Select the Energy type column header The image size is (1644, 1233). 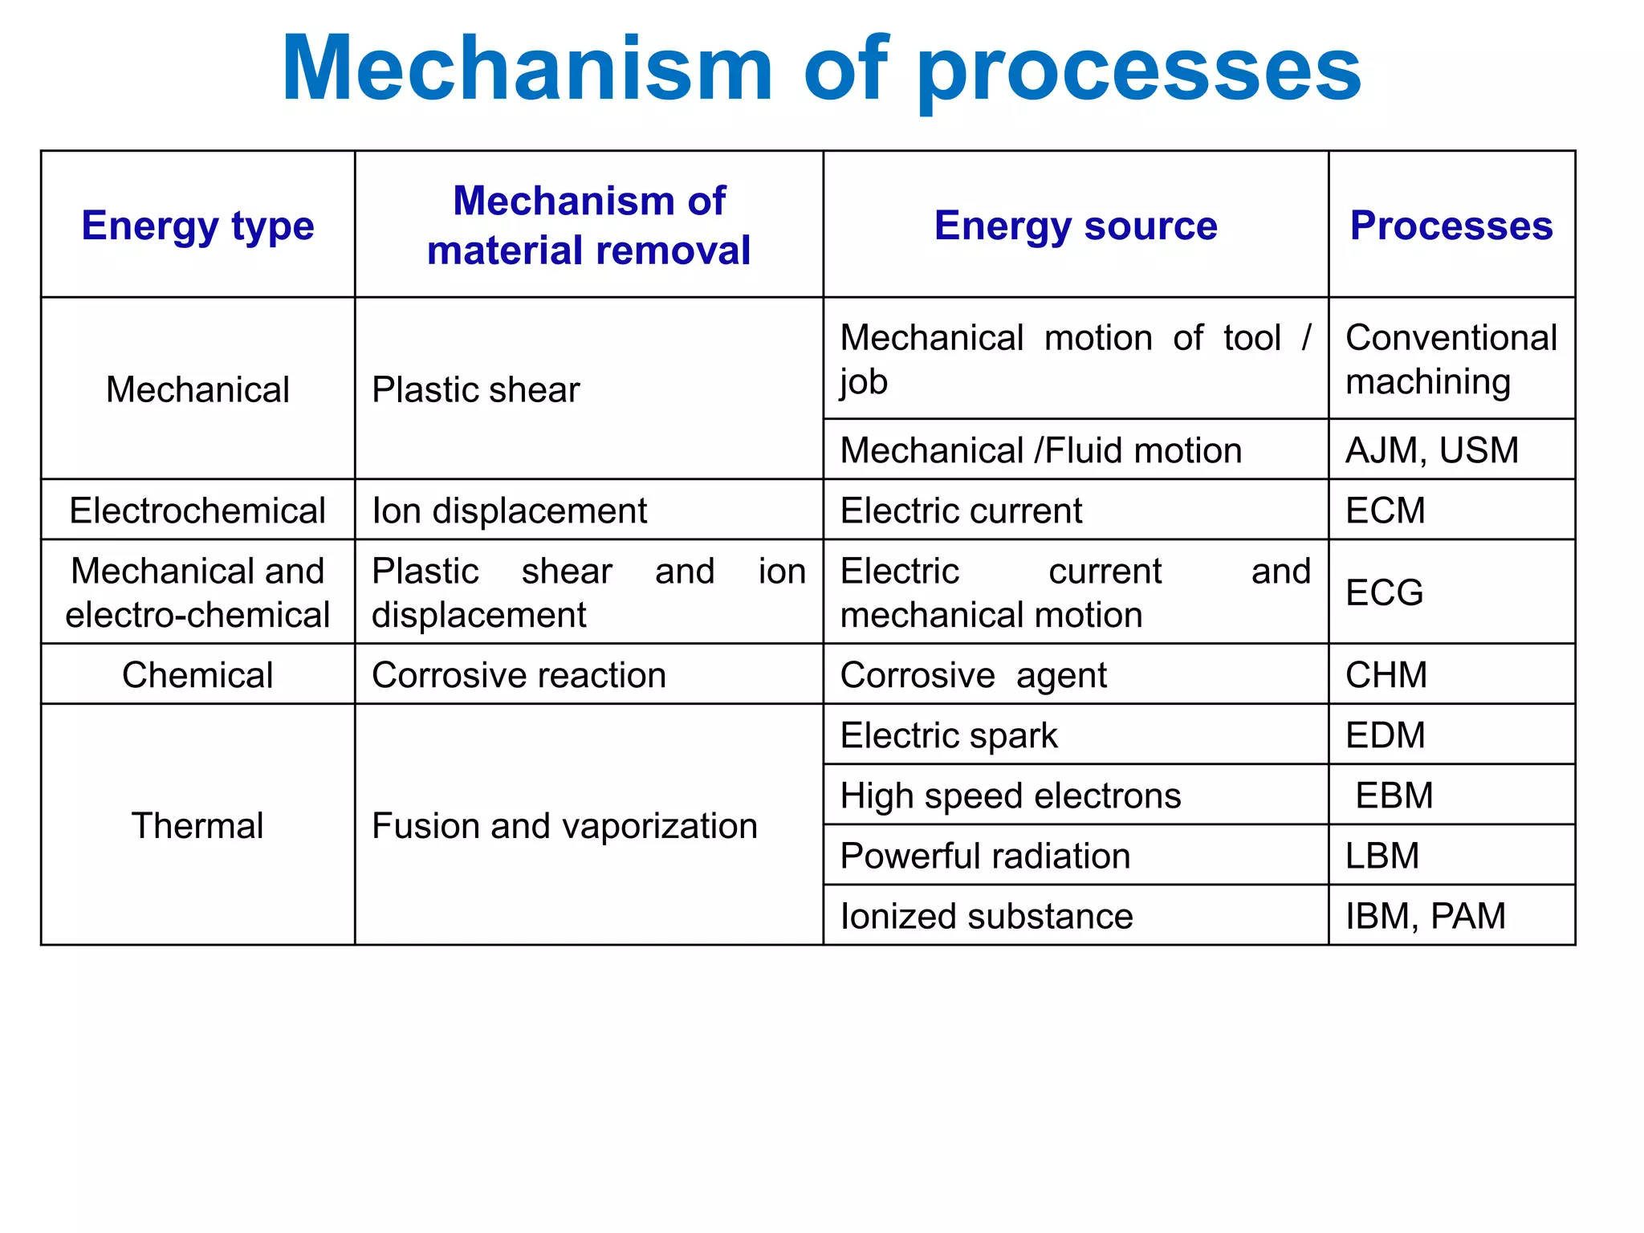pyautogui.click(x=197, y=226)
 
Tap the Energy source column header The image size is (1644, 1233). pyautogui.click(x=1076, y=226)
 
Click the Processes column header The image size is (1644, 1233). pyautogui.click(x=1451, y=226)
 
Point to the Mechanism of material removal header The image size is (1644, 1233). pyautogui.click(x=588, y=226)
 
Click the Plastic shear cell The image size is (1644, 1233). pyautogui.click(x=475, y=390)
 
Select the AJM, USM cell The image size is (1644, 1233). pyautogui.click(x=1432, y=450)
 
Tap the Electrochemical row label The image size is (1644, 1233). pyautogui.click(x=197, y=511)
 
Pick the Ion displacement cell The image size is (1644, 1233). pyautogui.click(x=509, y=511)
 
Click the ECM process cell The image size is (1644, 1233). pyautogui.click(x=1386, y=511)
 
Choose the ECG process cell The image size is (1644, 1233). pyautogui.click(x=1384, y=593)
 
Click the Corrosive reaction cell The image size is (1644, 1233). pyautogui.click(x=519, y=675)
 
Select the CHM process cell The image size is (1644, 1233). pyautogui.click(x=1386, y=675)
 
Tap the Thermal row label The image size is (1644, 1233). pyautogui.click(x=197, y=826)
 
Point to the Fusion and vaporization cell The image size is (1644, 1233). pyautogui.click(x=564, y=826)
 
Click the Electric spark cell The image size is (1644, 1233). pyautogui.click(x=949, y=735)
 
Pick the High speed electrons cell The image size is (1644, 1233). pyautogui.click(x=1010, y=796)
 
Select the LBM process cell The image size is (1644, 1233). pyautogui.click(x=1382, y=856)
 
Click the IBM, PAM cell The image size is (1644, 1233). pyautogui.click(x=1426, y=916)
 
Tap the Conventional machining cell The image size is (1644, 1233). pyautogui.click(x=1451, y=359)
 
